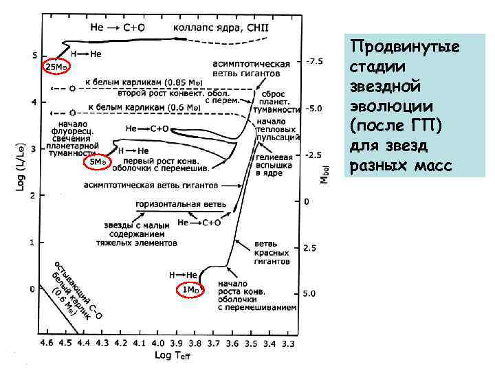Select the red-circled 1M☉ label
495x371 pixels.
click(x=191, y=291)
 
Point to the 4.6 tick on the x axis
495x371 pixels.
click(x=47, y=341)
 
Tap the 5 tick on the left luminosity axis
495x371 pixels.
click(x=34, y=56)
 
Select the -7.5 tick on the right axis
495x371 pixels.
click(x=314, y=61)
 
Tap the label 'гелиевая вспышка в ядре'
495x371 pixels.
click(x=274, y=166)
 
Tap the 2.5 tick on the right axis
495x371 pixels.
click(x=311, y=248)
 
